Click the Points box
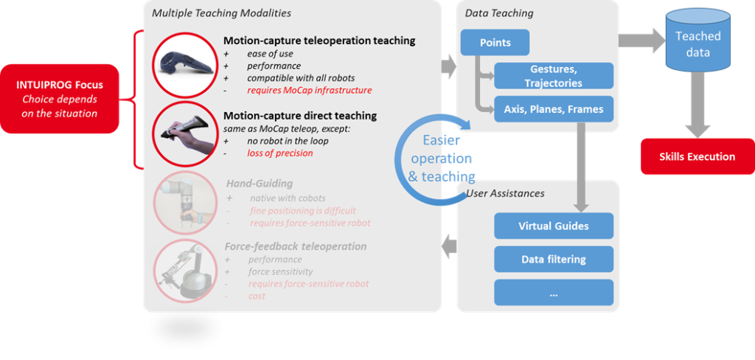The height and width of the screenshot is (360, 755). (495, 43)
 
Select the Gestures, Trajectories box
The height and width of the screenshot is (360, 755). (553, 76)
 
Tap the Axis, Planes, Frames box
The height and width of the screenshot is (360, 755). (553, 109)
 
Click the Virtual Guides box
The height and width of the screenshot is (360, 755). (553, 226)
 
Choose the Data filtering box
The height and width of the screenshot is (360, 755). (553, 259)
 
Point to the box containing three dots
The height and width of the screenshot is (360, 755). (553, 292)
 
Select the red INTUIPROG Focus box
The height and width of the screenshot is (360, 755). (60, 99)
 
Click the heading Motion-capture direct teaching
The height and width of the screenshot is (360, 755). (300, 116)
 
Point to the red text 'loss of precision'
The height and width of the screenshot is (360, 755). (279, 153)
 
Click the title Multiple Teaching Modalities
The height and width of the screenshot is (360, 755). (221, 13)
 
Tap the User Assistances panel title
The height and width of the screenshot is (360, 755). (505, 193)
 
